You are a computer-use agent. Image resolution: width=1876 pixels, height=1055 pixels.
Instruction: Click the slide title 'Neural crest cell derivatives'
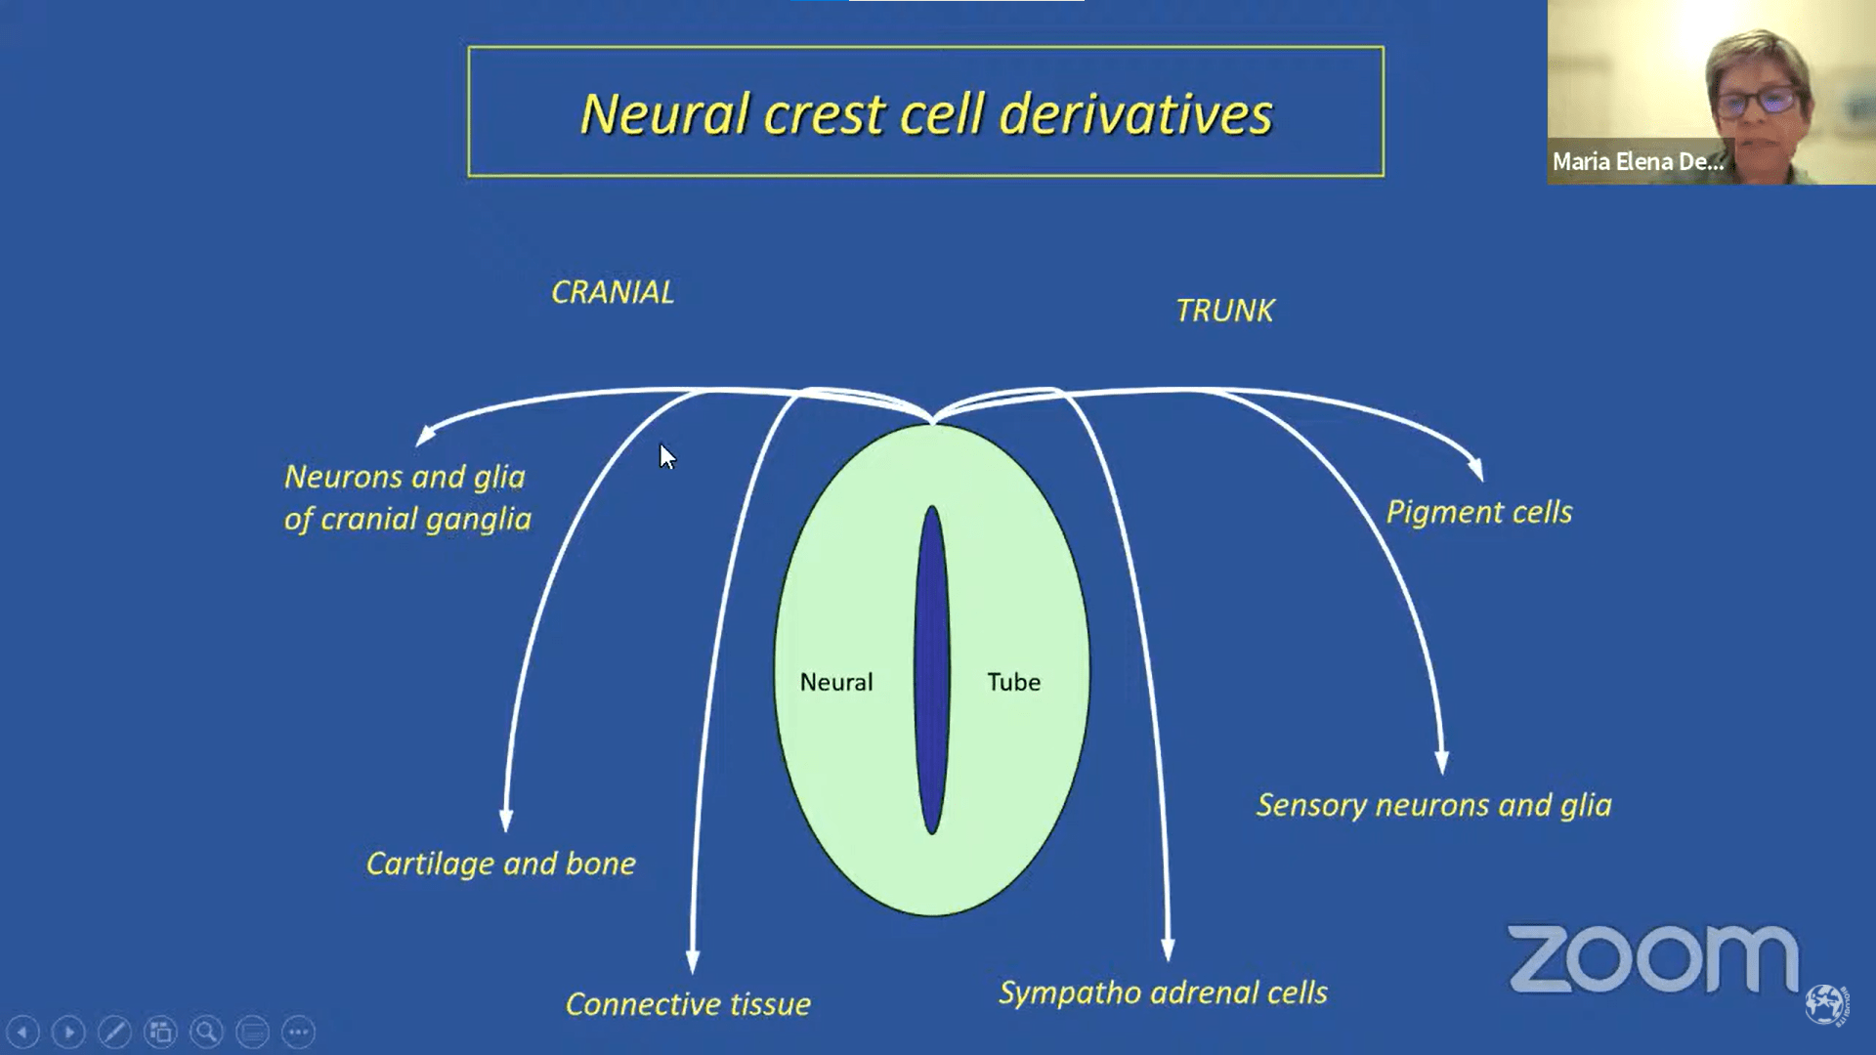click(926, 113)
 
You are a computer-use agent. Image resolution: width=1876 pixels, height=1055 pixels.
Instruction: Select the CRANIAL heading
click(613, 292)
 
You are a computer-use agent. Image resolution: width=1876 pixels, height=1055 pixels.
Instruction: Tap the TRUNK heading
click(1225, 311)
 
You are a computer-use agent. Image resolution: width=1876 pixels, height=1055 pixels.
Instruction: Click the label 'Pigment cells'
click(1479, 512)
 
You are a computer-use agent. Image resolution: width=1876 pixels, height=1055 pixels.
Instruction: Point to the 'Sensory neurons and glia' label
click(1434, 805)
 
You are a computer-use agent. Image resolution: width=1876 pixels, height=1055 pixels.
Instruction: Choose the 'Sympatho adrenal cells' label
click(1163, 992)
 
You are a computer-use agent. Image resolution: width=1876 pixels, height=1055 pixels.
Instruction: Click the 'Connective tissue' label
click(688, 1003)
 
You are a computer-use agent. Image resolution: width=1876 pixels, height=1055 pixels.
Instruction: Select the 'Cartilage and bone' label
click(501, 864)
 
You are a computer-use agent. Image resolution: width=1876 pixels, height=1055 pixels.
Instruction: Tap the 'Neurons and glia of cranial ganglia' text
click(407, 497)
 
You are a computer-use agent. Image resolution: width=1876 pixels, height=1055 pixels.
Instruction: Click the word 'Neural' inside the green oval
click(836, 682)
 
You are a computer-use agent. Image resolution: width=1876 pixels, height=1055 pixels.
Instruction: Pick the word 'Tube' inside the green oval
click(1013, 682)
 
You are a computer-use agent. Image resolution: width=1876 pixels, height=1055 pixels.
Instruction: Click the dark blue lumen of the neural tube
click(932, 670)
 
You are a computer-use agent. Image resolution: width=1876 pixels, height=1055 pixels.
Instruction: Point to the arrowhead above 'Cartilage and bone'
click(506, 821)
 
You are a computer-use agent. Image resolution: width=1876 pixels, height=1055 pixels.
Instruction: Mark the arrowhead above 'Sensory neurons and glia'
click(1442, 762)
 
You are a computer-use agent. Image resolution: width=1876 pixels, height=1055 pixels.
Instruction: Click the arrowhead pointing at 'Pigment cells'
click(1476, 470)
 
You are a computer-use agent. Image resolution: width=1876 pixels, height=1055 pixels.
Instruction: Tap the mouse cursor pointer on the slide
click(667, 456)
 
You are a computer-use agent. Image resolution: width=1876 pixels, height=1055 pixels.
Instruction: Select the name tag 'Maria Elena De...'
click(1638, 161)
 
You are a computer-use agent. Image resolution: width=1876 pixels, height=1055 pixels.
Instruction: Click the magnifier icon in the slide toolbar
click(206, 1032)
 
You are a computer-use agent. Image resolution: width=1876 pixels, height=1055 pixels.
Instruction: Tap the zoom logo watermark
click(1653, 958)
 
